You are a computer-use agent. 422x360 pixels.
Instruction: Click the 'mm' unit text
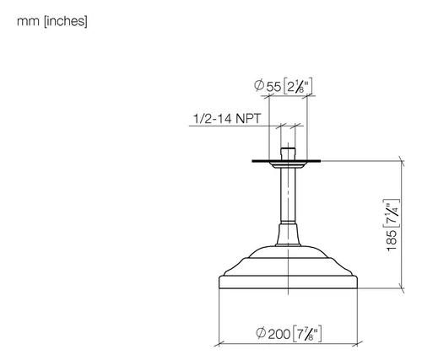coord(28,22)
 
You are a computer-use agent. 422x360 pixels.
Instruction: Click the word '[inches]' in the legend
coord(66,21)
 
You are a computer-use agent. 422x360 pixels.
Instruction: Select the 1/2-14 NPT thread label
coord(227,118)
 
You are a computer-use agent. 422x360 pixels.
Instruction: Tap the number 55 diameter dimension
coord(273,87)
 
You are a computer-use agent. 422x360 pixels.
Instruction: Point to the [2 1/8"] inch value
coord(298,87)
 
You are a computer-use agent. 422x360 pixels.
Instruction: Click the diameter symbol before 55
coord(259,85)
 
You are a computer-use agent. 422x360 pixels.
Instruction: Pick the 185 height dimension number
coord(392,240)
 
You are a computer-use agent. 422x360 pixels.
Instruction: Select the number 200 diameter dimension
coord(279,334)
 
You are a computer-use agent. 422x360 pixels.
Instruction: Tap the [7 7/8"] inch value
coord(307,334)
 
